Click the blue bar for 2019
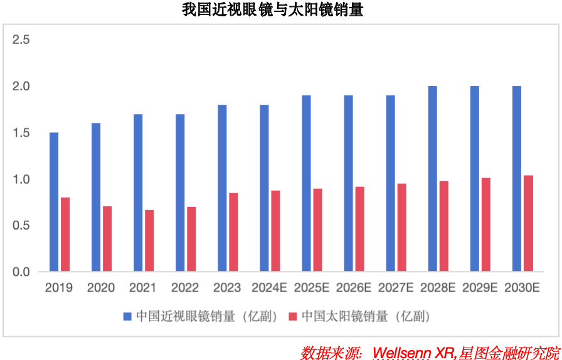[x=54, y=202]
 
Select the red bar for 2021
[x=149, y=240]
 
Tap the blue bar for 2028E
[x=433, y=179]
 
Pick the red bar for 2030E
[x=528, y=223]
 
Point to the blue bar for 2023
[x=222, y=188]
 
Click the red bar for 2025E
[x=318, y=230]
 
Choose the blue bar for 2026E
[x=348, y=184]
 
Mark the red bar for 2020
[x=107, y=238]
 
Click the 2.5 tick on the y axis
[x=21, y=40]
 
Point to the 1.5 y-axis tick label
[x=21, y=133]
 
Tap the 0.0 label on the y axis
[x=21, y=272]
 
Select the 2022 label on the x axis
[x=185, y=288]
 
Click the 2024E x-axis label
[x=269, y=288]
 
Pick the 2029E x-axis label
[x=480, y=288]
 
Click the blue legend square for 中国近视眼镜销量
[x=127, y=316]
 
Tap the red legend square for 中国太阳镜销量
[x=292, y=316]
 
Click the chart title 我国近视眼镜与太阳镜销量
[x=273, y=10]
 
